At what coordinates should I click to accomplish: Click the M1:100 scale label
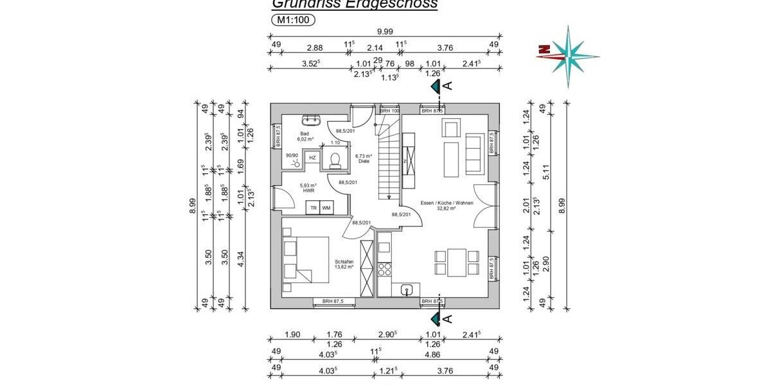tap(292, 20)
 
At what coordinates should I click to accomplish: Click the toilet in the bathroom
tap(334, 160)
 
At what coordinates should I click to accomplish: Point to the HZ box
tap(312, 157)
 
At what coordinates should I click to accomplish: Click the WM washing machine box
tap(326, 208)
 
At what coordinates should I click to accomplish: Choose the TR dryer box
tap(313, 208)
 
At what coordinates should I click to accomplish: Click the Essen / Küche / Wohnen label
tap(438, 203)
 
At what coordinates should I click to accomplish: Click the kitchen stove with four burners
tap(384, 268)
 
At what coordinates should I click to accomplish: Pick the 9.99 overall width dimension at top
tap(385, 32)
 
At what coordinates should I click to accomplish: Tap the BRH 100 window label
tap(390, 111)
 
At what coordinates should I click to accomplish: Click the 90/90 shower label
tap(292, 155)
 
